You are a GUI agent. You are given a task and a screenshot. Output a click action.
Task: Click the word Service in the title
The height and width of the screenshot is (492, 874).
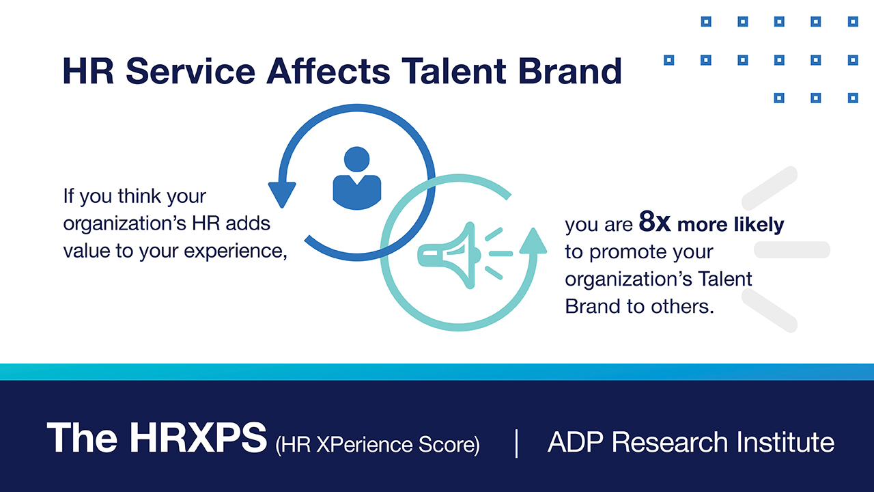pyautogui.click(x=191, y=71)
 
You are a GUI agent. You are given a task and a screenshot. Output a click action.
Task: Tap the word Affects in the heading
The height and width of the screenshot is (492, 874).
pyautogui.click(x=328, y=70)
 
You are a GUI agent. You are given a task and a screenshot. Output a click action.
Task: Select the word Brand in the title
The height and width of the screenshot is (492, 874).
pyautogui.click(x=569, y=71)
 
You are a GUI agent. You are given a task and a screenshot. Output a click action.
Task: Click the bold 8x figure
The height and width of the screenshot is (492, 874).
pyautogui.click(x=655, y=221)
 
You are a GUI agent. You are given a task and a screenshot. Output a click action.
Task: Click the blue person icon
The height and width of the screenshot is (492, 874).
pyautogui.click(x=357, y=178)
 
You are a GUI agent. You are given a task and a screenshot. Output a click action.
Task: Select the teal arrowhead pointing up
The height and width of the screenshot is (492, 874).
pyautogui.click(x=533, y=241)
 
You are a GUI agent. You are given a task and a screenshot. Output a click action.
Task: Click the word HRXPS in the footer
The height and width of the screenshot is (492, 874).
pyautogui.click(x=198, y=438)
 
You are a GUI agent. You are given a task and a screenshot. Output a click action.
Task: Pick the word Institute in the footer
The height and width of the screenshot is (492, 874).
pyautogui.click(x=785, y=442)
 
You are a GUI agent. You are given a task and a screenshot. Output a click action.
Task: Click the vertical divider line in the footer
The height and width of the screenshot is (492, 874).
pyautogui.click(x=517, y=443)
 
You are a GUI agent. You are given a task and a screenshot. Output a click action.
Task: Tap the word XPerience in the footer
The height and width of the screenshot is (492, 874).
pyautogui.click(x=364, y=444)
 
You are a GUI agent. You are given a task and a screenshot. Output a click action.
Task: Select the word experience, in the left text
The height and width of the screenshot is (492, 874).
pyautogui.click(x=236, y=251)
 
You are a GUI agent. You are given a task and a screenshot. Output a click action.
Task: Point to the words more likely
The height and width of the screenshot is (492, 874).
pyautogui.click(x=731, y=225)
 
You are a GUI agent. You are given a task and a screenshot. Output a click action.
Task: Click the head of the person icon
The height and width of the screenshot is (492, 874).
pyautogui.click(x=356, y=159)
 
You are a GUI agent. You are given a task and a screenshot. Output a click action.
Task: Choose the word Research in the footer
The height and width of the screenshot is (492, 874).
pyautogui.click(x=670, y=442)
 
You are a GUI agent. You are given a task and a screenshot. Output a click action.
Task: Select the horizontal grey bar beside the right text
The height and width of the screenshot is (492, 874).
pyautogui.click(x=792, y=249)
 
